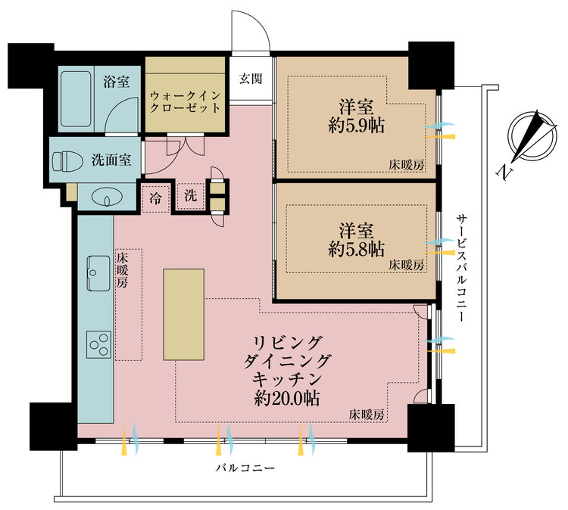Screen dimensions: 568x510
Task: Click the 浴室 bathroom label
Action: coord(116,82)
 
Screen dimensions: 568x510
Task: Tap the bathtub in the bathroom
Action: coord(76,98)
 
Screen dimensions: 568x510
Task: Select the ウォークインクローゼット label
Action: coord(185,101)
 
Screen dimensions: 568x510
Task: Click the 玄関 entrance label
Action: coord(251,78)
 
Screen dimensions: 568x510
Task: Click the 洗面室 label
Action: coord(111,160)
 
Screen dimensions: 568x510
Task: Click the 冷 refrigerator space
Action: coord(155,198)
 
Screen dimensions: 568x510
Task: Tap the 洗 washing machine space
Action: coord(191,196)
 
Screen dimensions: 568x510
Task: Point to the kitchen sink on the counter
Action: coord(98,273)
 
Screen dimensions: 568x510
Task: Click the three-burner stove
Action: coord(98,345)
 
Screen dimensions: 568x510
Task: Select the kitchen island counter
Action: coord(184,314)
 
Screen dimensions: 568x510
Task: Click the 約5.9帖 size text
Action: coord(357,126)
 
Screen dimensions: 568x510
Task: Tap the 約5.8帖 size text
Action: coord(357,249)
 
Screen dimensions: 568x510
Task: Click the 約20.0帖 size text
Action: coord(286,399)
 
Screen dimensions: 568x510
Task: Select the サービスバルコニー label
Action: coord(461,268)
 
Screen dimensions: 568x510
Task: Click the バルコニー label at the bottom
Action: coord(245,468)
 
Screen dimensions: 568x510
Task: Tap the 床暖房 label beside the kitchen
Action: coord(122,270)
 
